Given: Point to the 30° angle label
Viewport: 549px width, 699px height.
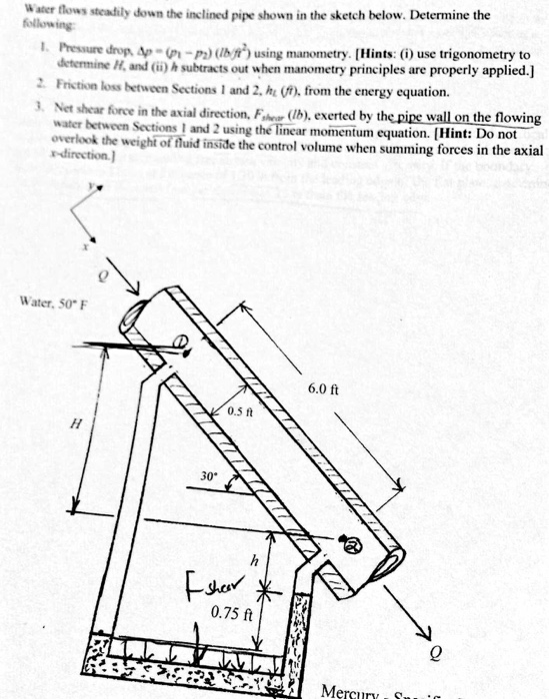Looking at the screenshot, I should (208, 477).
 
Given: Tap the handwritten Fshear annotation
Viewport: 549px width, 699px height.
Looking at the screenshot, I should (210, 586).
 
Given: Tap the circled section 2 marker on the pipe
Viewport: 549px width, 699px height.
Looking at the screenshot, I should (351, 545).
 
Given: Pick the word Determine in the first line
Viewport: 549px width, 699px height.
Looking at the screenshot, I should (427, 16).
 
